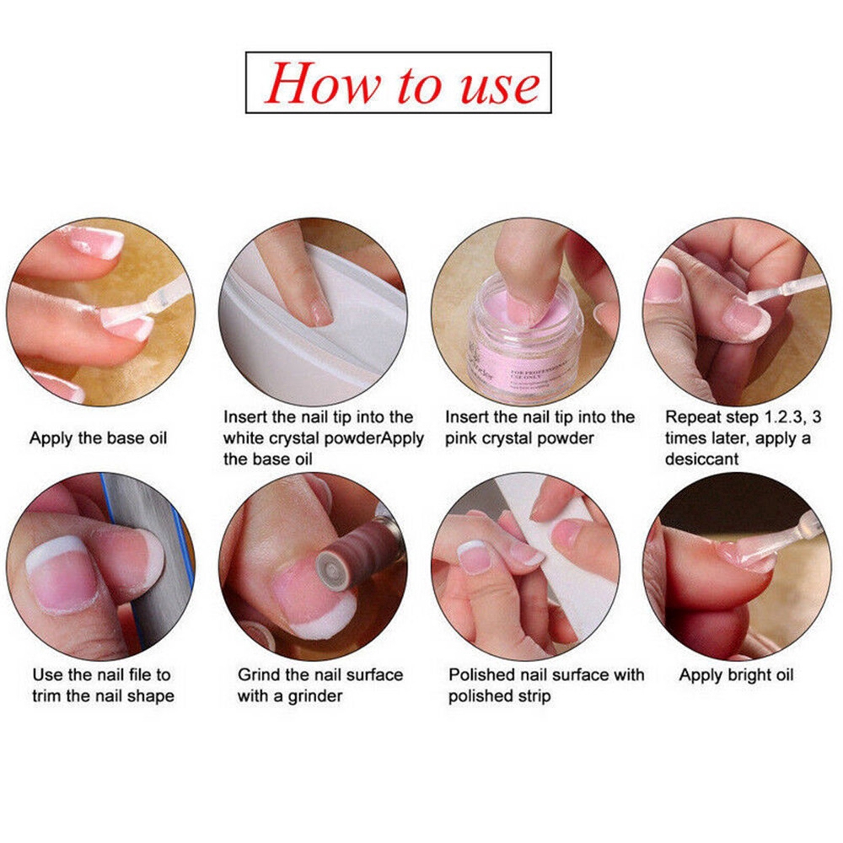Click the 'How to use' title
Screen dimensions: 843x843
click(x=398, y=83)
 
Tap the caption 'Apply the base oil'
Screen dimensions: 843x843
click(x=99, y=438)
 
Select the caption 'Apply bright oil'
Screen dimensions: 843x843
click(x=736, y=674)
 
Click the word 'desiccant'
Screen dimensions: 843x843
click(x=701, y=459)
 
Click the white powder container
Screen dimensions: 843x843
click(x=312, y=337)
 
